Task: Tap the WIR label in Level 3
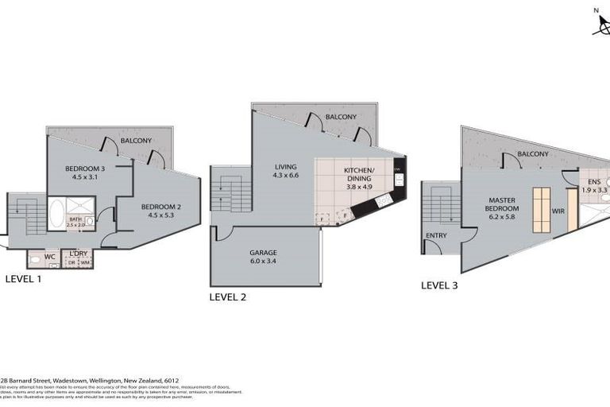pyautogui.click(x=558, y=212)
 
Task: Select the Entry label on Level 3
pyautogui.click(x=435, y=235)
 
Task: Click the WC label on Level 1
pyautogui.click(x=49, y=257)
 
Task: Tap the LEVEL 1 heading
pyautogui.click(x=23, y=279)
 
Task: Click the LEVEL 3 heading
pyautogui.click(x=438, y=285)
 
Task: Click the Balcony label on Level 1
pyautogui.click(x=136, y=141)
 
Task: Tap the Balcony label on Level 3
pyautogui.click(x=533, y=153)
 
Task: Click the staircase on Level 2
pyautogui.click(x=230, y=194)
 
